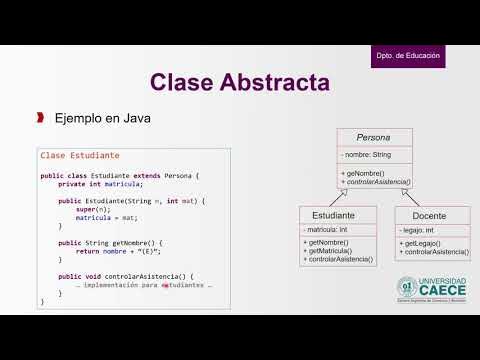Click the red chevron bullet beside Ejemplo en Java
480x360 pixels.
coord(40,118)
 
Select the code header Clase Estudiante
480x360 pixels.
coord(80,155)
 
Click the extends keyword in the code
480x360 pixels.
coord(145,175)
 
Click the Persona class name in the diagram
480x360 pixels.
coord(373,137)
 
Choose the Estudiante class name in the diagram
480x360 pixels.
coord(338,214)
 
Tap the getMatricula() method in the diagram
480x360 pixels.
coord(336,251)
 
